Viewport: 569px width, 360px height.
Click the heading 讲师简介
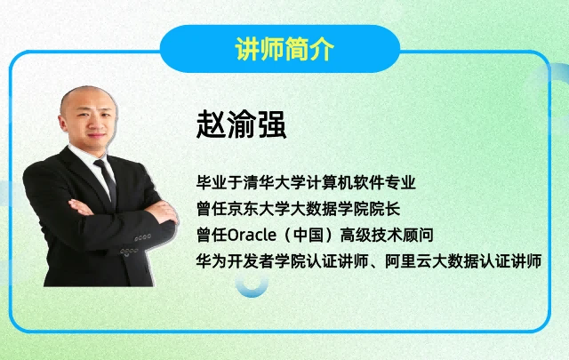point(284,49)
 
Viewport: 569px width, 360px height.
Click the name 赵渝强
point(241,124)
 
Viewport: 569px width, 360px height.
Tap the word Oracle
point(252,236)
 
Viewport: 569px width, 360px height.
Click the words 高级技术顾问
point(387,236)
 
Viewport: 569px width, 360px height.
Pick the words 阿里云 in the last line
point(408,261)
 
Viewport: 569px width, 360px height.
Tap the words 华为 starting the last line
point(212,261)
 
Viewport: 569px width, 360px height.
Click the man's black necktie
point(107,182)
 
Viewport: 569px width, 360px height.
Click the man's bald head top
point(87,93)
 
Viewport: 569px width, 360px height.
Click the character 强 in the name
point(272,124)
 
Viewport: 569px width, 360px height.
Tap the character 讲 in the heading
point(247,49)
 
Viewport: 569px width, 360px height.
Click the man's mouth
point(97,136)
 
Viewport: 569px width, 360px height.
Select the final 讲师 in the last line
point(526,261)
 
